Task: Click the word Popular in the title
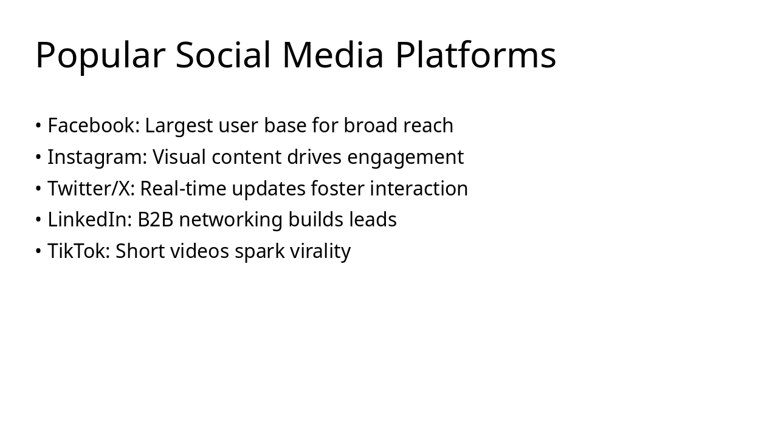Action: tap(100, 56)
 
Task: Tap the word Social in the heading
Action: tap(223, 55)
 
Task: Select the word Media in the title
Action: tap(333, 55)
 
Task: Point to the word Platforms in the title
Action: tap(476, 55)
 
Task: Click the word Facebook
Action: tap(94, 125)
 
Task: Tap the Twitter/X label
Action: tap(91, 188)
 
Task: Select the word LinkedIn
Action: tap(89, 219)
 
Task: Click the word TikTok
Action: tap(78, 251)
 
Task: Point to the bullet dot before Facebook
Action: tap(38, 125)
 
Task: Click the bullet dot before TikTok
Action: tap(38, 251)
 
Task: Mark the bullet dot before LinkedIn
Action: tap(38, 220)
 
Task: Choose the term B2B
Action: tap(155, 220)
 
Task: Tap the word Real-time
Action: tap(183, 188)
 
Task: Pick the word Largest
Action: tap(179, 126)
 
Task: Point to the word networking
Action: tap(230, 220)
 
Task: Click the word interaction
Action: tap(419, 188)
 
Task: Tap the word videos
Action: tap(199, 251)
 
